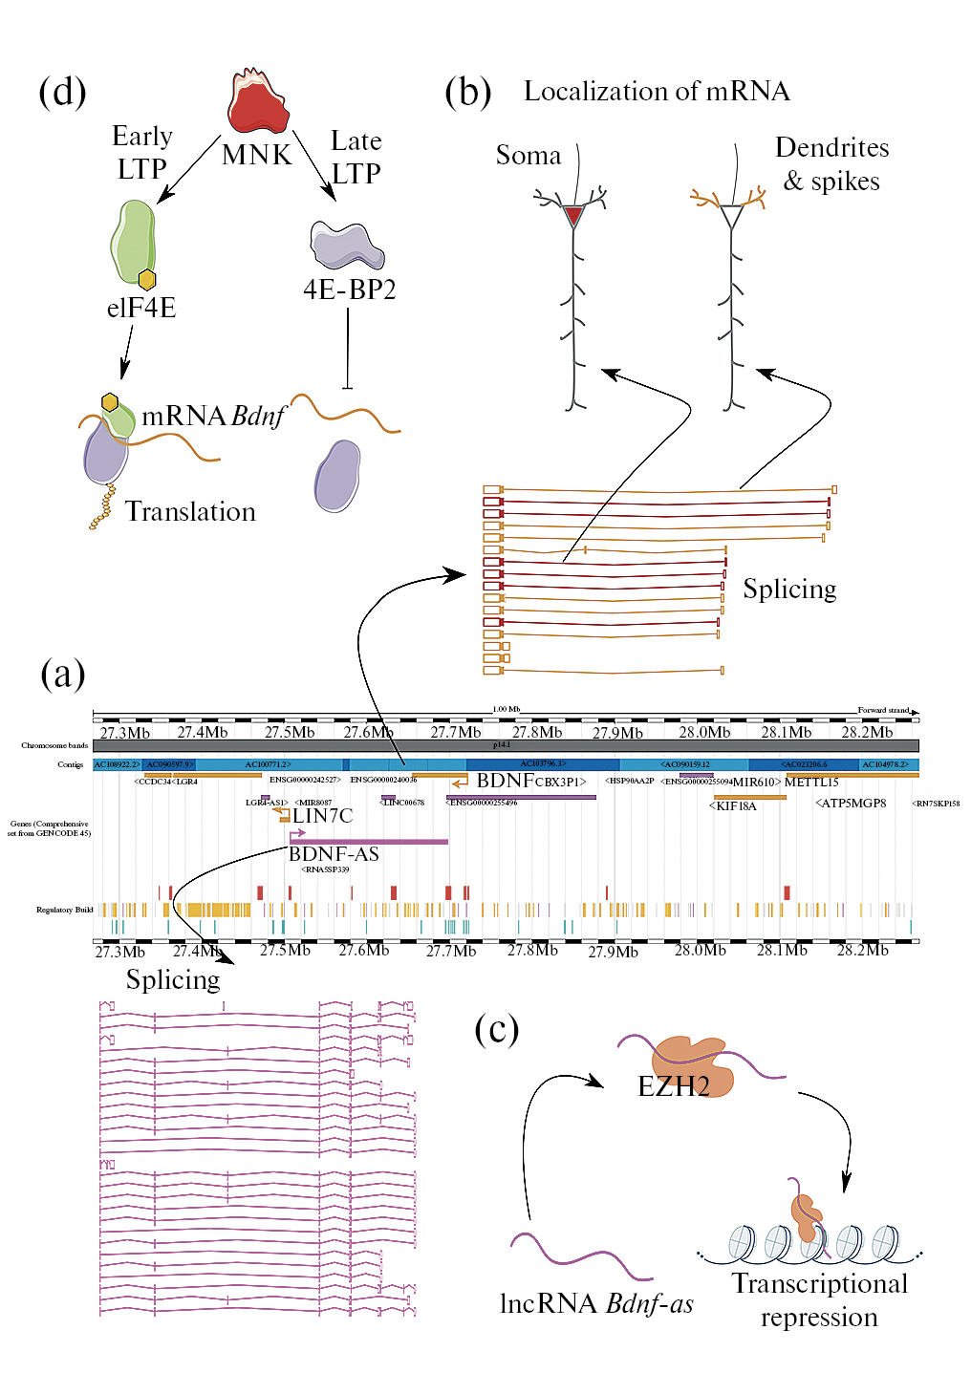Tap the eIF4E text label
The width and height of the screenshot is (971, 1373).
pyautogui.click(x=141, y=308)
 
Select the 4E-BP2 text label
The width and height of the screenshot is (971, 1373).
pyautogui.click(x=349, y=290)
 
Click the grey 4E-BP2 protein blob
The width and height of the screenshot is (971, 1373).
pyautogui.click(x=346, y=246)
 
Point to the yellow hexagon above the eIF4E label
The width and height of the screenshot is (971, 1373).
pyautogui.click(x=146, y=279)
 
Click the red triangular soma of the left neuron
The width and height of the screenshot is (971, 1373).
pyautogui.click(x=573, y=216)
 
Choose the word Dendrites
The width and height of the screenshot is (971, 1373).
pyautogui.click(x=831, y=147)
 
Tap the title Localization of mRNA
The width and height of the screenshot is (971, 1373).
pyautogui.click(x=657, y=92)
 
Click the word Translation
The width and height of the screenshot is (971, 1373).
pyautogui.click(x=190, y=512)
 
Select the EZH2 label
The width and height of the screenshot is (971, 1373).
pyautogui.click(x=674, y=1085)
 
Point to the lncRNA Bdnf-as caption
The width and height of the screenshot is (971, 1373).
pyautogui.click(x=596, y=1304)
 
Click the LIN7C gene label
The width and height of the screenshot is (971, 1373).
pyautogui.click(x=322, y=816)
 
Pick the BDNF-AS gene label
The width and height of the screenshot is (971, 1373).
pyautogui.click(x=334, y=854)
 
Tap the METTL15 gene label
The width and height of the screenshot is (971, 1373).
pyautogui.click(x=811, y=782)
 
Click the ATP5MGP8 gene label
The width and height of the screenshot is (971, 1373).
pyautogui.click(x=852, y=803)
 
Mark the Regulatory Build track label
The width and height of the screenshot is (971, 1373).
pyautogui.click(x=64, y=910)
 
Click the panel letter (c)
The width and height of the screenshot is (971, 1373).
pyautogui.click(x=497, y=1029)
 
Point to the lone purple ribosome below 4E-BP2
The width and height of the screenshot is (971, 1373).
pyautogui.click(x=337, y=475)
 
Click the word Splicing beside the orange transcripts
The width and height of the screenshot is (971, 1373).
pyautogui.click(x=789, y=589)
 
